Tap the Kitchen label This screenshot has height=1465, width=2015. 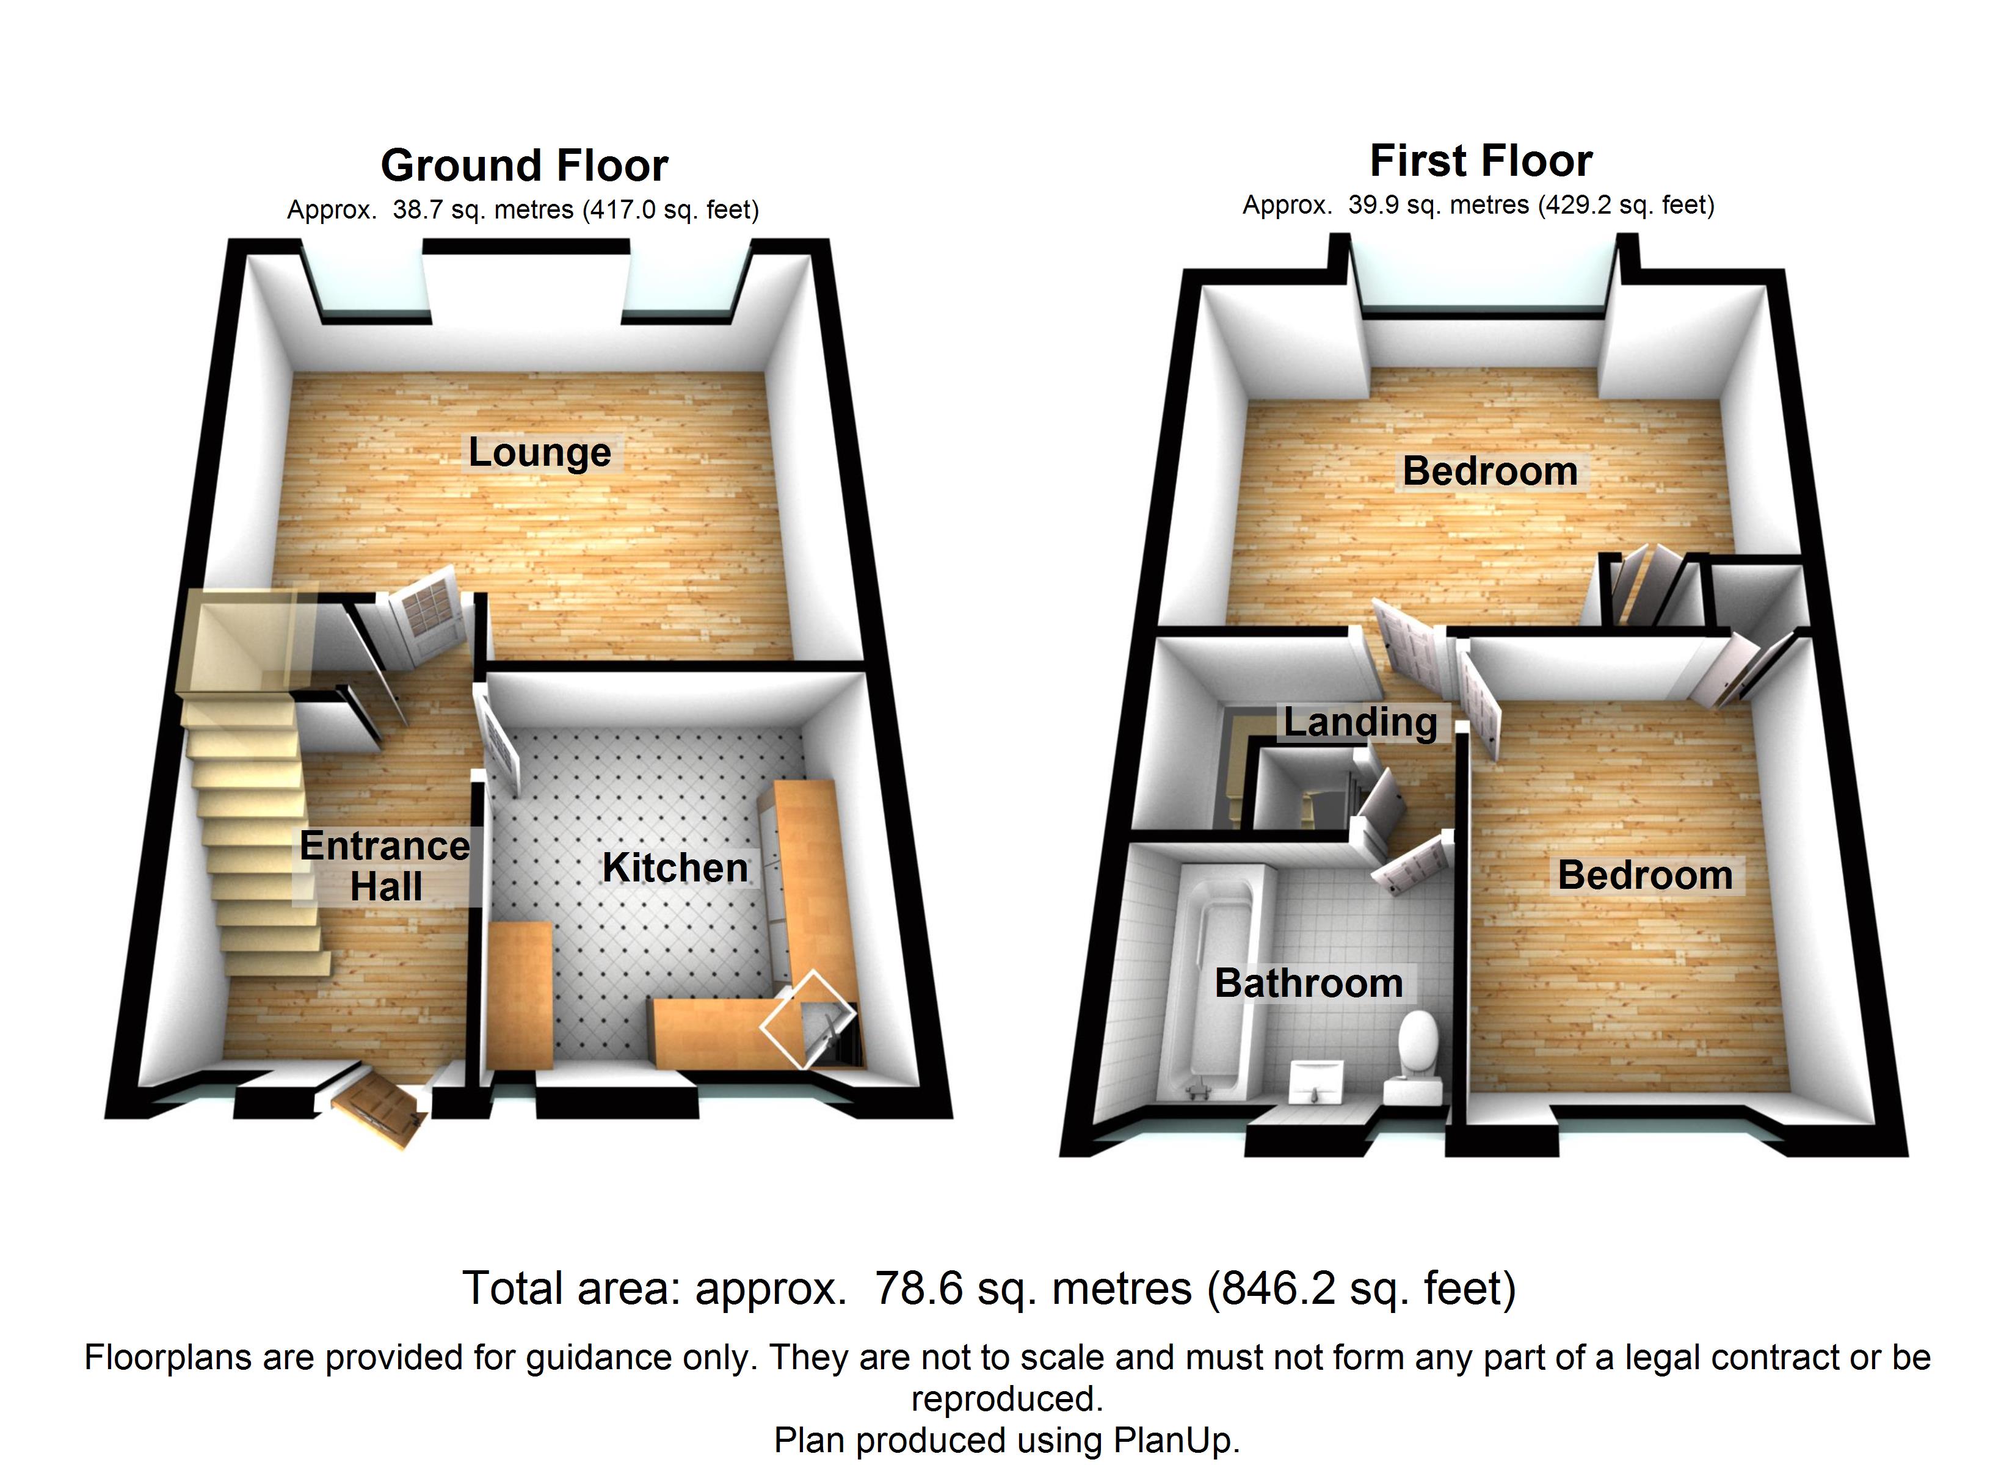pos(675,868)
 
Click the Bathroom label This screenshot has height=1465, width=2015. pos(1309,983)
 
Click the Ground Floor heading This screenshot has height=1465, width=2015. pos(524,165)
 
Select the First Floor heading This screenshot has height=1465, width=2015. pos(1481,161)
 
